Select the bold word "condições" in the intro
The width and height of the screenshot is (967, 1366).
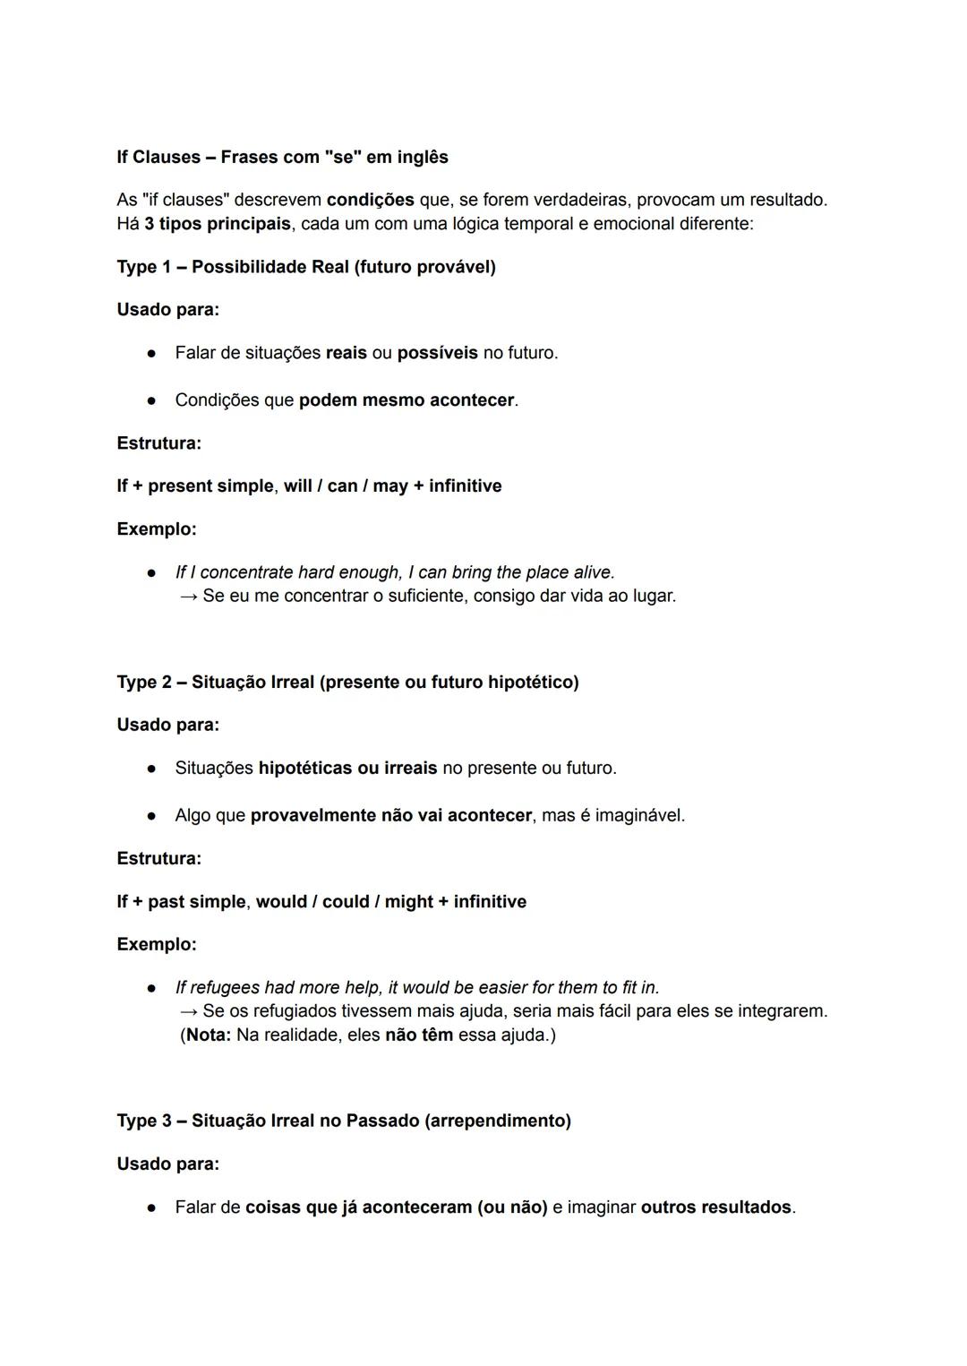pyautogui.click(x=370, y=200)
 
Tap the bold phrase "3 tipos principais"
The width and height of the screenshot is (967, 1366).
pyautogui.click(x=218, y=223)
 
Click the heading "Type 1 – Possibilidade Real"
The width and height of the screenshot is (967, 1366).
pyautogui.click(x=305, y=267)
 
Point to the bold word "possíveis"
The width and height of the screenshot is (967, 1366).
pyautogui.click(x=437, y=353)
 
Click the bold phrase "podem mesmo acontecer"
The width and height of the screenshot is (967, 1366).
pyautogui.click(x=406, y=400)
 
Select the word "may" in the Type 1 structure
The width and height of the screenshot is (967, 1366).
pyautogui.click(x=390, y=486)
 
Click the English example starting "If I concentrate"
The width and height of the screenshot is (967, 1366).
pyautogui.click(x=395, y=572)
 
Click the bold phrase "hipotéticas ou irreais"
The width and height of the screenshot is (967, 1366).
pyautogui.click(x=347, y=769)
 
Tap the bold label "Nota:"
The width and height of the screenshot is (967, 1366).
pyautogui.click(x=208, y=1035)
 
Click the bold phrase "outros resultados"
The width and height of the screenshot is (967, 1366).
pyautogui.click(x=716, y=1207)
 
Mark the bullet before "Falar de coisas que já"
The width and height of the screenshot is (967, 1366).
pyautogui.click(x=152, y=1207)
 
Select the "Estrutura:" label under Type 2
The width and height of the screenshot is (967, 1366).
pyautogui.click(x=159, y=859)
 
